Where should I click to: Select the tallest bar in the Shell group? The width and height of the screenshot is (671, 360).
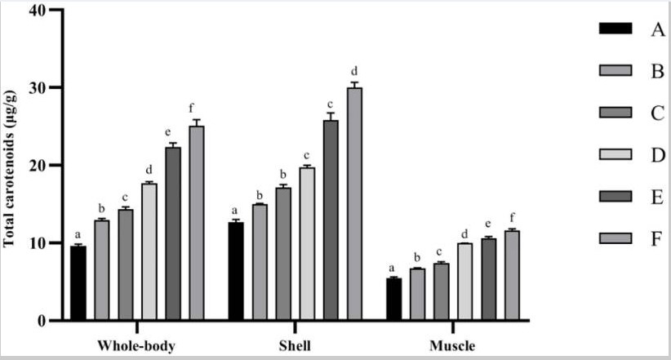click(354, 203)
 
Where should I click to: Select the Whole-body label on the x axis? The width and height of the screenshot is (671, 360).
click(136, 344)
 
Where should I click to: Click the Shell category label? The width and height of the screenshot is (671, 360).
click(295, 344)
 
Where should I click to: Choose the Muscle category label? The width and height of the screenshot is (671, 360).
click(452, 344)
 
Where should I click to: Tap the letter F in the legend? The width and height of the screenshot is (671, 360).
click(655, 240)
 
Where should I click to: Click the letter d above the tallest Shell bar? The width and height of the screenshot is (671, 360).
click(354, 70)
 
